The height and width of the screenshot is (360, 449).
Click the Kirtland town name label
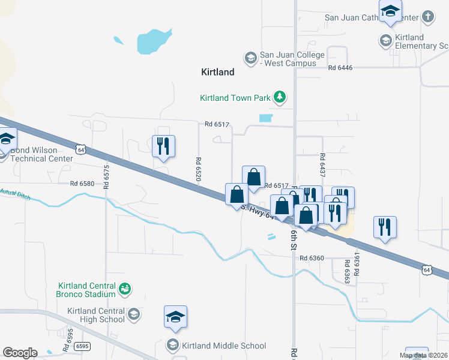pyautogui.click(x=217, y=72)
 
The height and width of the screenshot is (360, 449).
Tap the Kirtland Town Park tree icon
pyautogui.click(x=279, y=97)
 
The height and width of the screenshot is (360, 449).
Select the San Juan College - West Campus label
pyautogui.click(x=292, y=59)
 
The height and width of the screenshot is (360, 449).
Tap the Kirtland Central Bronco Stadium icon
pyautogui.click(x=125, y=290)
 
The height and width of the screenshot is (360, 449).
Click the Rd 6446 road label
pyautogui.click(x=340, y=68)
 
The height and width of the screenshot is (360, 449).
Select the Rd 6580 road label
pyautogui.click(x=82, y=184)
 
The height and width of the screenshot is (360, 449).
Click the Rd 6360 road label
pyautogui.click(x=312, y=258)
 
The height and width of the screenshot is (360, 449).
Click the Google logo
pyautogui.click(x=20, y=353)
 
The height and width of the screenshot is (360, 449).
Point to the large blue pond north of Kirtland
pyautogui.click(x=154, y=41)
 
